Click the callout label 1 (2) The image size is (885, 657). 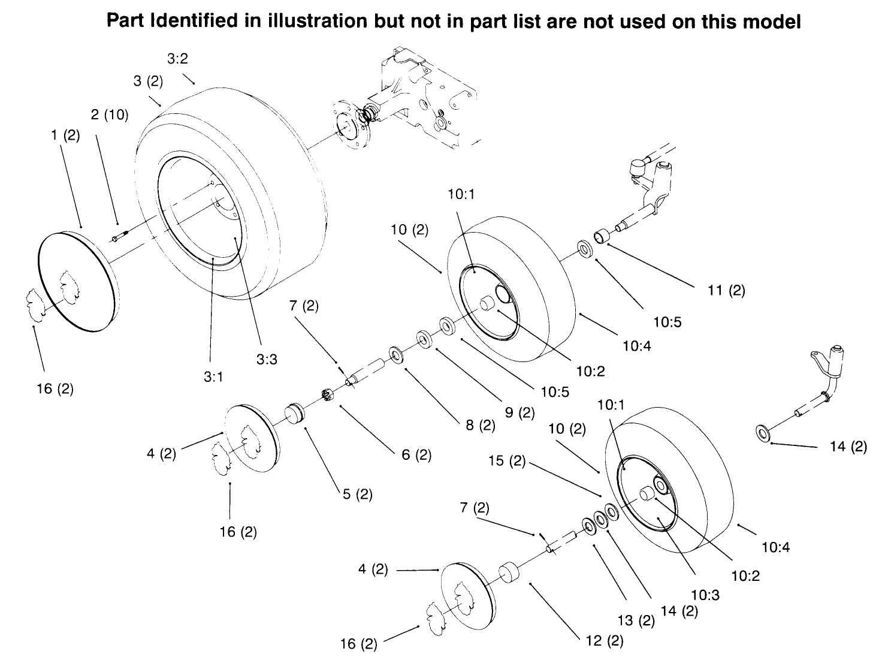tap(65, 135)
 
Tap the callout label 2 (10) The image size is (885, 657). tap(110, 114)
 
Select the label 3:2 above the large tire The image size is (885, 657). tap(178, 58)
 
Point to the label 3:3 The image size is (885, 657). tap(267, 360)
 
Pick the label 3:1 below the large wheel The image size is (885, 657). tap(213, 377)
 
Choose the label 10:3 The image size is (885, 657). tap(705, 595)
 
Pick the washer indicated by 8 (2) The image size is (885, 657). tap(397, 354)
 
